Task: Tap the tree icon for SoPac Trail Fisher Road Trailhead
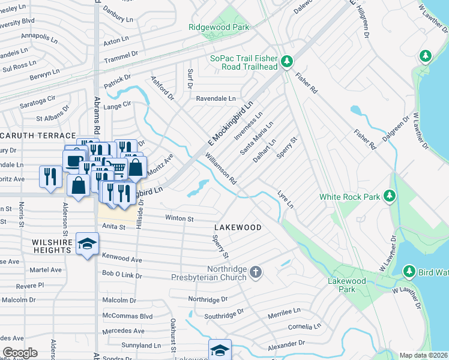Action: pos(287,61)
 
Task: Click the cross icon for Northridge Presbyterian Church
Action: pos(256,272)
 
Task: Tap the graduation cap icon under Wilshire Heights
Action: pos(88,244)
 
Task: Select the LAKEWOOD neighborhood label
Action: pos(238,227)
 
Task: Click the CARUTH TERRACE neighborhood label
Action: pos(37,136)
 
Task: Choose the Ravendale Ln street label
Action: pos(214,98)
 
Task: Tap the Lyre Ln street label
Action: pos(286,200)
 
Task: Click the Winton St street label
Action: pos(180,219)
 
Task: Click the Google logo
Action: pos(20,353)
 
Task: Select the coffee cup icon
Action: pos(74,161)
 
